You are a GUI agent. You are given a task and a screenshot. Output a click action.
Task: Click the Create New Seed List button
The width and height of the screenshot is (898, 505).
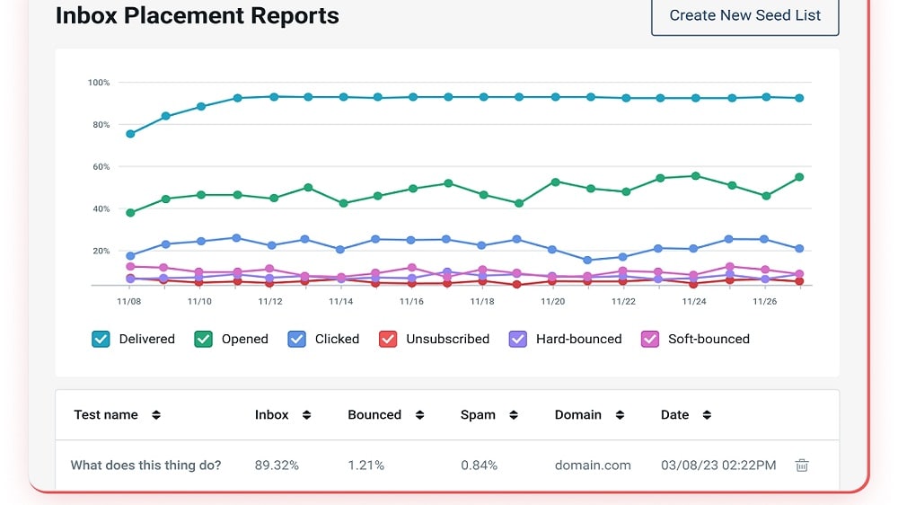[x=744, y=15]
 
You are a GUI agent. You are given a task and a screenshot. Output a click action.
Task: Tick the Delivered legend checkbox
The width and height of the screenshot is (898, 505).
[x=101, y=340]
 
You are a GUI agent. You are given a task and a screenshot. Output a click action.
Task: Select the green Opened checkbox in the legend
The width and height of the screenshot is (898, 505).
[x=203, y=340]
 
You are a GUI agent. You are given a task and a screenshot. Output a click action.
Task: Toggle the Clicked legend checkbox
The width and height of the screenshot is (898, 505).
[x=296, y=340]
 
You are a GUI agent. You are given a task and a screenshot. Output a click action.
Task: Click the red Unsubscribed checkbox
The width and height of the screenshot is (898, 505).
[x=388, y=340]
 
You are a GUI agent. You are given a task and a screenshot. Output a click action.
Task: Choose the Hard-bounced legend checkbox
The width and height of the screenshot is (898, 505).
[x=518, y=340]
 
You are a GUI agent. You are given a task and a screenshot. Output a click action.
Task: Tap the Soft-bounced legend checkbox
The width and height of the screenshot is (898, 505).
[x=650, y=340]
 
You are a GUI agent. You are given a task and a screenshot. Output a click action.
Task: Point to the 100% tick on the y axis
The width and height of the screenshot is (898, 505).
[x=99, y=83]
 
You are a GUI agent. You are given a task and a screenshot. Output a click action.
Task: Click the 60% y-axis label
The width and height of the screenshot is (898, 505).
[x=101, y=167]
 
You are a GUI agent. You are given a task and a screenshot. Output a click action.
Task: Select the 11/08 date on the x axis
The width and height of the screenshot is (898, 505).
[x=128, y=302]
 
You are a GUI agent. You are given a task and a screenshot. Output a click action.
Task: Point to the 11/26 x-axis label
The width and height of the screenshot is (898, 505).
[x=764, y=302]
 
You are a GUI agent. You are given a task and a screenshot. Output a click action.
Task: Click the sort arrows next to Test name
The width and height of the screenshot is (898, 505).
[x=156, y=415]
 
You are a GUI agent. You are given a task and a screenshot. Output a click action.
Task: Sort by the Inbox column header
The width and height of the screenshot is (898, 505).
[x=271, y=415]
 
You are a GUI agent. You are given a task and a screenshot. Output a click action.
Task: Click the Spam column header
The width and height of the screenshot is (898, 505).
[x=478, y=415]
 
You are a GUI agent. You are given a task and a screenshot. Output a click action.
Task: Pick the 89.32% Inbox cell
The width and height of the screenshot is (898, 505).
[x=277, y=465]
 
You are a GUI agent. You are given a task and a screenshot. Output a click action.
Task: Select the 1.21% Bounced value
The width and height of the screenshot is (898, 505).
[x=366, y=465]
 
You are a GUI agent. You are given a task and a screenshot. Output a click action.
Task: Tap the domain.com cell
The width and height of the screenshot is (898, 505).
[x=593, y=465]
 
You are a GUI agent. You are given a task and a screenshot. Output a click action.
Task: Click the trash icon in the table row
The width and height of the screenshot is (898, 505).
[x=802, y=465]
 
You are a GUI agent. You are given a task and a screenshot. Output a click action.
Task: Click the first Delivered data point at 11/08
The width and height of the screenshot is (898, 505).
[x=130, y=134]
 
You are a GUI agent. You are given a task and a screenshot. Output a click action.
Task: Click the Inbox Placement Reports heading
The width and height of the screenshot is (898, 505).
[x=197, y=15]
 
